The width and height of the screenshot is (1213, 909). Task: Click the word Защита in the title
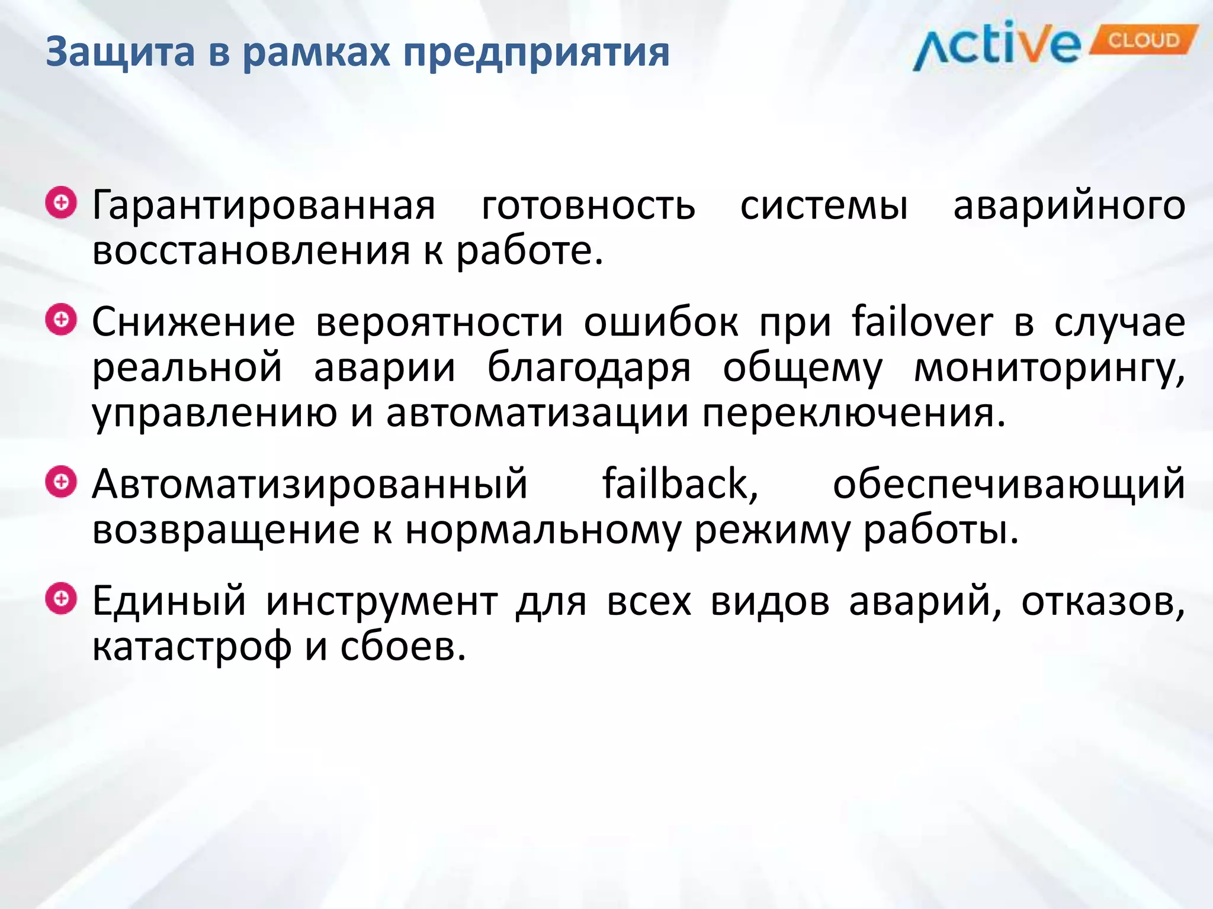point(120,52)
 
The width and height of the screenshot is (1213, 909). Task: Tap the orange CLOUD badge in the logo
point(1143,40)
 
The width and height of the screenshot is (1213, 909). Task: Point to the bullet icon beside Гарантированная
point(61,203)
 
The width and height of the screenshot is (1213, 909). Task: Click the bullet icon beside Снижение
point(61,320)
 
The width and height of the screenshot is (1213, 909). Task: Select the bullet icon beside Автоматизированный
point(61,482)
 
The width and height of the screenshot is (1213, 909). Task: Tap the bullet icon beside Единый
point(61,598)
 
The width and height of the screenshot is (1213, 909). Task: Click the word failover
point(922,323)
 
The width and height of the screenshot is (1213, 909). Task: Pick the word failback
point(680,484)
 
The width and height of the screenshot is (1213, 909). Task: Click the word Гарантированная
point(264,206)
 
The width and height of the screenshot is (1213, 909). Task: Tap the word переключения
point(853,413)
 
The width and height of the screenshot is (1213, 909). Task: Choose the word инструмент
point(381,602)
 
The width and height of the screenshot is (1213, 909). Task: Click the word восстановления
point(251,251)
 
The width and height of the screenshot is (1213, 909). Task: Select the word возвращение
point(226,530)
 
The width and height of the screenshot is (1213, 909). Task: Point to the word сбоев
point(403,647)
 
